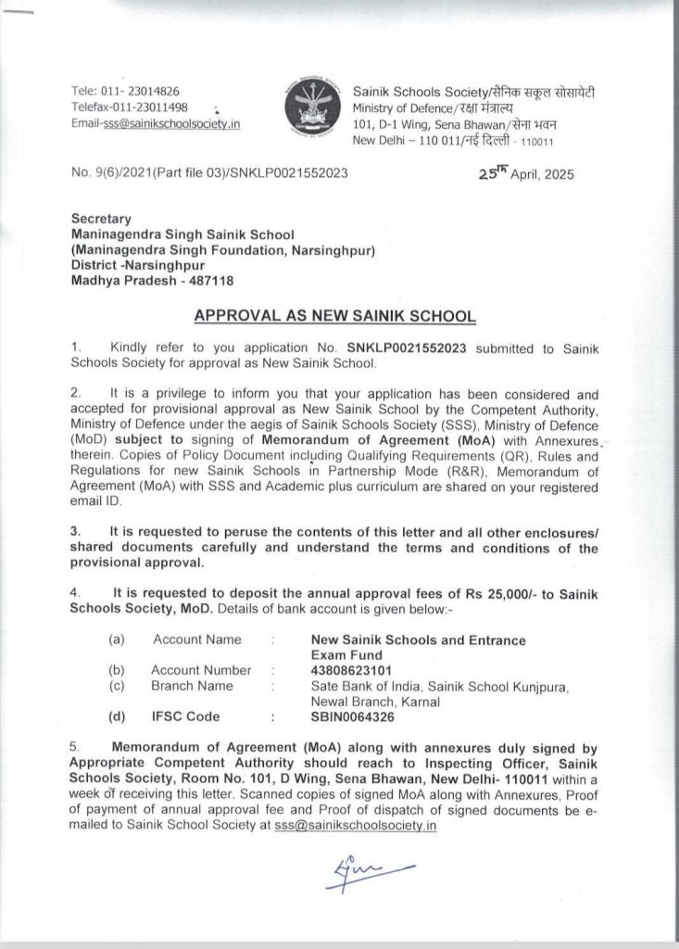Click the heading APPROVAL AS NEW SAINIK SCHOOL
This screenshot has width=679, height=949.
(335, 317)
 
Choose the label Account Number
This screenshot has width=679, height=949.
(200, 669)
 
